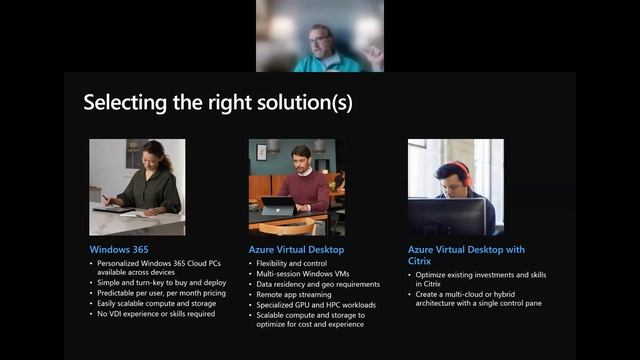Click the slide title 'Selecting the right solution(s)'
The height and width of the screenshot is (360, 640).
pos(217,102)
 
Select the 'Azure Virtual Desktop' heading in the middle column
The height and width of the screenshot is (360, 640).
pos(296,248)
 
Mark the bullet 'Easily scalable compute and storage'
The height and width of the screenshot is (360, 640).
pos(158,304)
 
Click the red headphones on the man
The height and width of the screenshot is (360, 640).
pos(461,171)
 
